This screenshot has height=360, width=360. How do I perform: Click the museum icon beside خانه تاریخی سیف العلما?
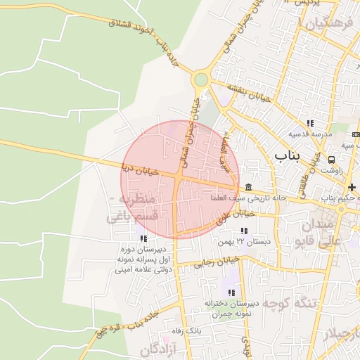tap(249, 186)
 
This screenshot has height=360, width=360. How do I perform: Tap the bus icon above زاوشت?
tap(331, 159)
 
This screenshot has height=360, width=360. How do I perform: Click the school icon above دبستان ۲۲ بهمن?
tap(243, 231)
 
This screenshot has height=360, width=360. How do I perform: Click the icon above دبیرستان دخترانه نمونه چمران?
tap(231, 292)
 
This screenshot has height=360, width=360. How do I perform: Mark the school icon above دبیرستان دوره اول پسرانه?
tap(143, 238)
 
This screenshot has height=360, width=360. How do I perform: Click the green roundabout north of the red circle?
tap(202, 79)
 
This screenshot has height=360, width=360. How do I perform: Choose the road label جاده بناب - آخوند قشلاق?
tap(141, 33)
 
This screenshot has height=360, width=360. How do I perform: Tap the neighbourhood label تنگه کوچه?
tap(278, 303)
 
